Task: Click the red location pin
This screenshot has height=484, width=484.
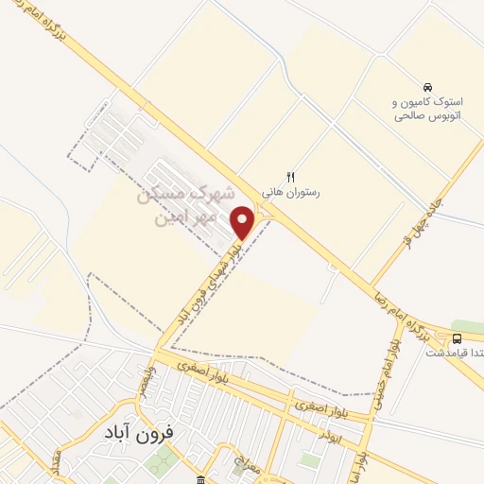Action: tap(243, 223)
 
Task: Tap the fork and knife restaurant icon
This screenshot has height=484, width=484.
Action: tap(291, 176)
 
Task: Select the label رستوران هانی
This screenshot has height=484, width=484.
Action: tap(291, 191)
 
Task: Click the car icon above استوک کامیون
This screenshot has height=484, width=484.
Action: tap(428, 84)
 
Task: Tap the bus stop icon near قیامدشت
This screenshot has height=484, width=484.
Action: tap(458, 338)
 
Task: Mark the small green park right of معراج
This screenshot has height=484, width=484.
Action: tap(309, 460)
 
